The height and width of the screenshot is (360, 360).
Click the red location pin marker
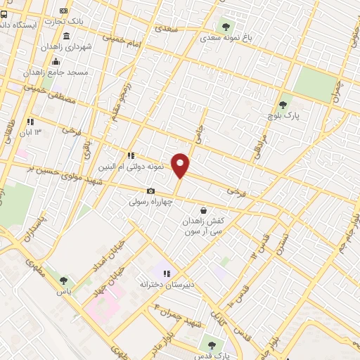pos(181,165)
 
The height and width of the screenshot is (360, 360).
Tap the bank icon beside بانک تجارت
pos(64,11)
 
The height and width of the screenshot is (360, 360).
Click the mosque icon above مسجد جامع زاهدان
pos(56,60)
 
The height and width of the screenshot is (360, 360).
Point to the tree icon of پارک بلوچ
pos(283,104)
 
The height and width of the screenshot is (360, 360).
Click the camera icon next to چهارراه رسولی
pos(150,191)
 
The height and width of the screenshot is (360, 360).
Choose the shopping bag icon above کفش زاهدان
pos(203,210)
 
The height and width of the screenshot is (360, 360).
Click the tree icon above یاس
pos(65,281)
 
